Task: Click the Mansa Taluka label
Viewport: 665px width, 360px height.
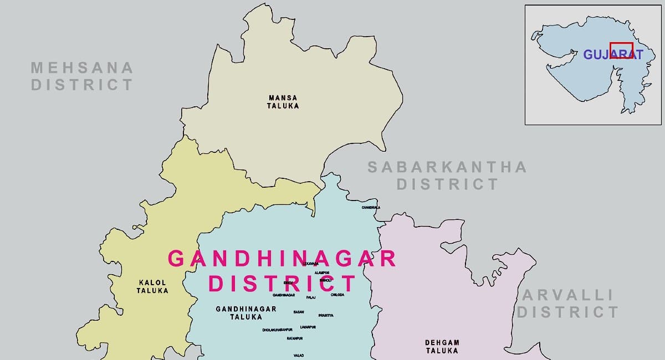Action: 283,102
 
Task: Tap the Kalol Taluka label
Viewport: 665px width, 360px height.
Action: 152,286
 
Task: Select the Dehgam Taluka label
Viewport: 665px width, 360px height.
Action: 442,347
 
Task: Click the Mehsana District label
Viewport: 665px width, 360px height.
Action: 82,76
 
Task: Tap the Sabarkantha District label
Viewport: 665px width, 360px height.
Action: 447,175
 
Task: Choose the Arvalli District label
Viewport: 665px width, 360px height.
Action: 567,304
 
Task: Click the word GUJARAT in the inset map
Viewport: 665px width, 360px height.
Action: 613,55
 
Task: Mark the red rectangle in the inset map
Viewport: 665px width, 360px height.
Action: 621,50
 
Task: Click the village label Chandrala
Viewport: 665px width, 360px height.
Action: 371,208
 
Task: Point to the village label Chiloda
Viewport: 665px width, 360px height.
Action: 337,295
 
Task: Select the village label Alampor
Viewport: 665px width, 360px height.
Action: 322,273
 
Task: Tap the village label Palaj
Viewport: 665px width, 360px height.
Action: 311,298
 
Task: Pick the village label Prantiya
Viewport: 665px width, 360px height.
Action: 326,315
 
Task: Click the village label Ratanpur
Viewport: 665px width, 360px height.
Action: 295,338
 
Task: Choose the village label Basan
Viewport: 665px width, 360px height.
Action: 299,312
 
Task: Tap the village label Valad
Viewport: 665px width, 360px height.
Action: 299,355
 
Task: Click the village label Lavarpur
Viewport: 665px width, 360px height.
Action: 308,327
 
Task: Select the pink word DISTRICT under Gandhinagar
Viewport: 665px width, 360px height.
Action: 282,283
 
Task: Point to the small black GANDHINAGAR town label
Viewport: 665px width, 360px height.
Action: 283,295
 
